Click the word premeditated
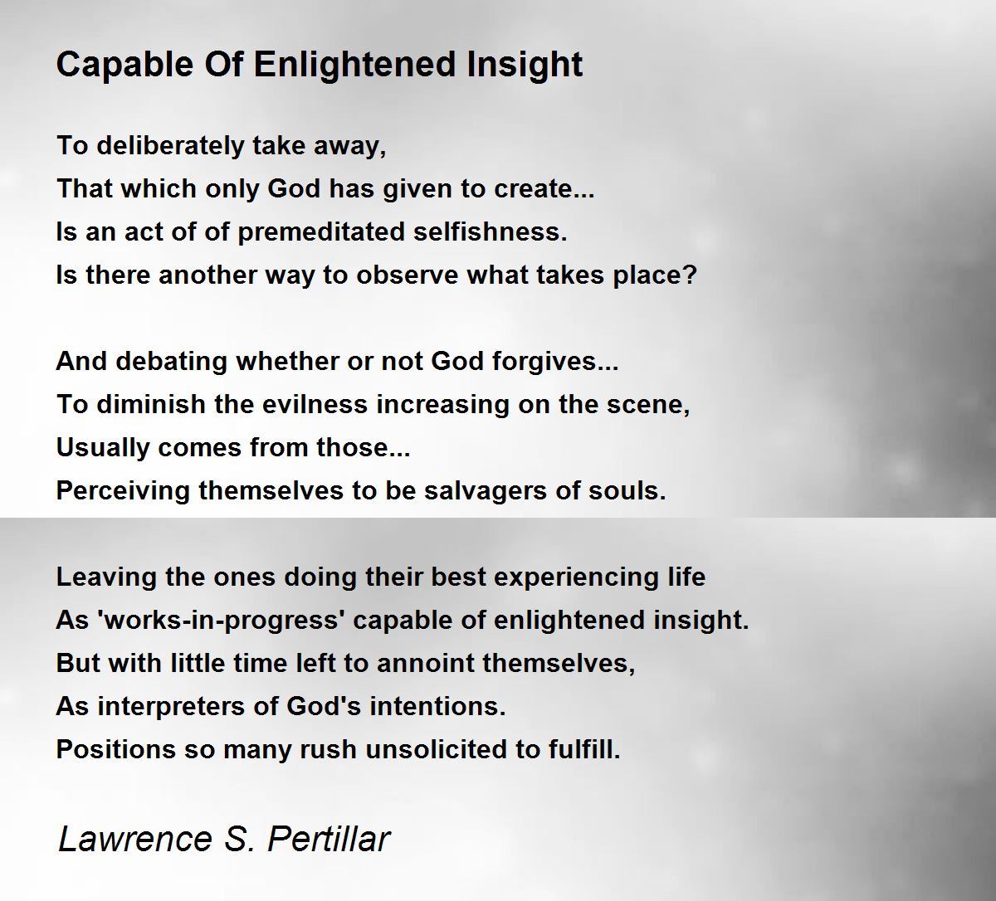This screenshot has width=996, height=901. click(x=320, y=232)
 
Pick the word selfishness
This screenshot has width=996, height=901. click(x=490, y=231)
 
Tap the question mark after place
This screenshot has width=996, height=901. click(x=691, y=275)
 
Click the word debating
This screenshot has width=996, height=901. click(x=171, y=362)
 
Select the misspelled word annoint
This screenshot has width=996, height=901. click(x=424, y=664)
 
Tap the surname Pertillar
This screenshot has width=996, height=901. click(x=330, y=840)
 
